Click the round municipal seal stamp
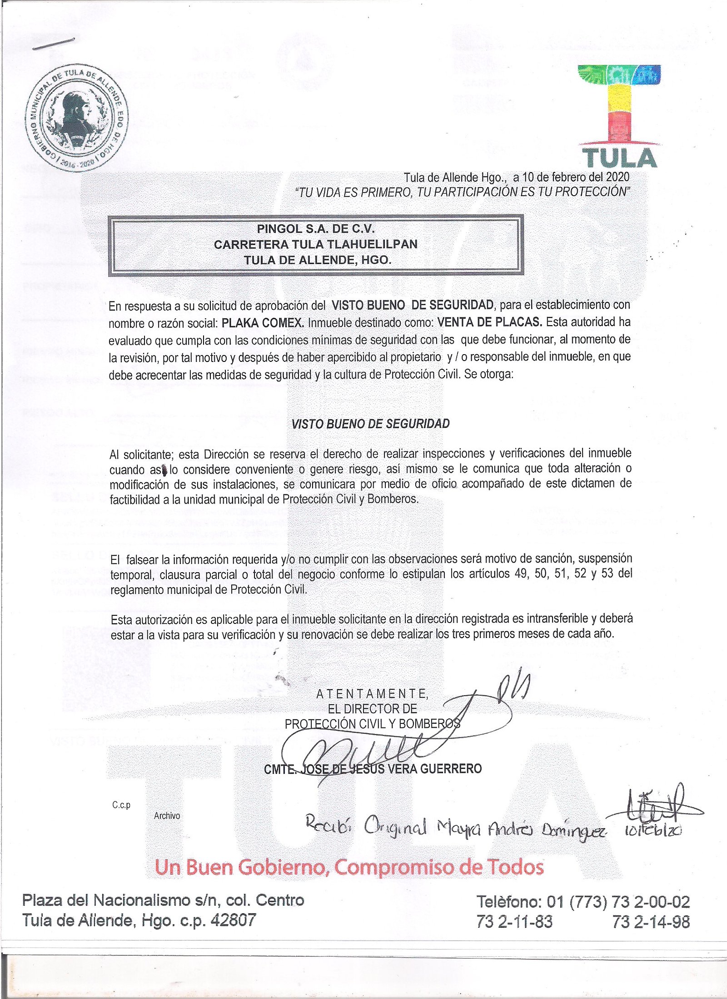(76, 118)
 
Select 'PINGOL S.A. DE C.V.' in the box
(316, 228)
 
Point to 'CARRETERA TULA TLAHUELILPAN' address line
(316, 244)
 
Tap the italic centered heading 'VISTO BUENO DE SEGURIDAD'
(370, 424)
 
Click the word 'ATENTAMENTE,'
(372, 693)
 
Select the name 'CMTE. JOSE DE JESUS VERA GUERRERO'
(373, 768)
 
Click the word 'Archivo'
(167, 816)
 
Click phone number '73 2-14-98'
(651, 922)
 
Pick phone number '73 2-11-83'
(514, 922)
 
